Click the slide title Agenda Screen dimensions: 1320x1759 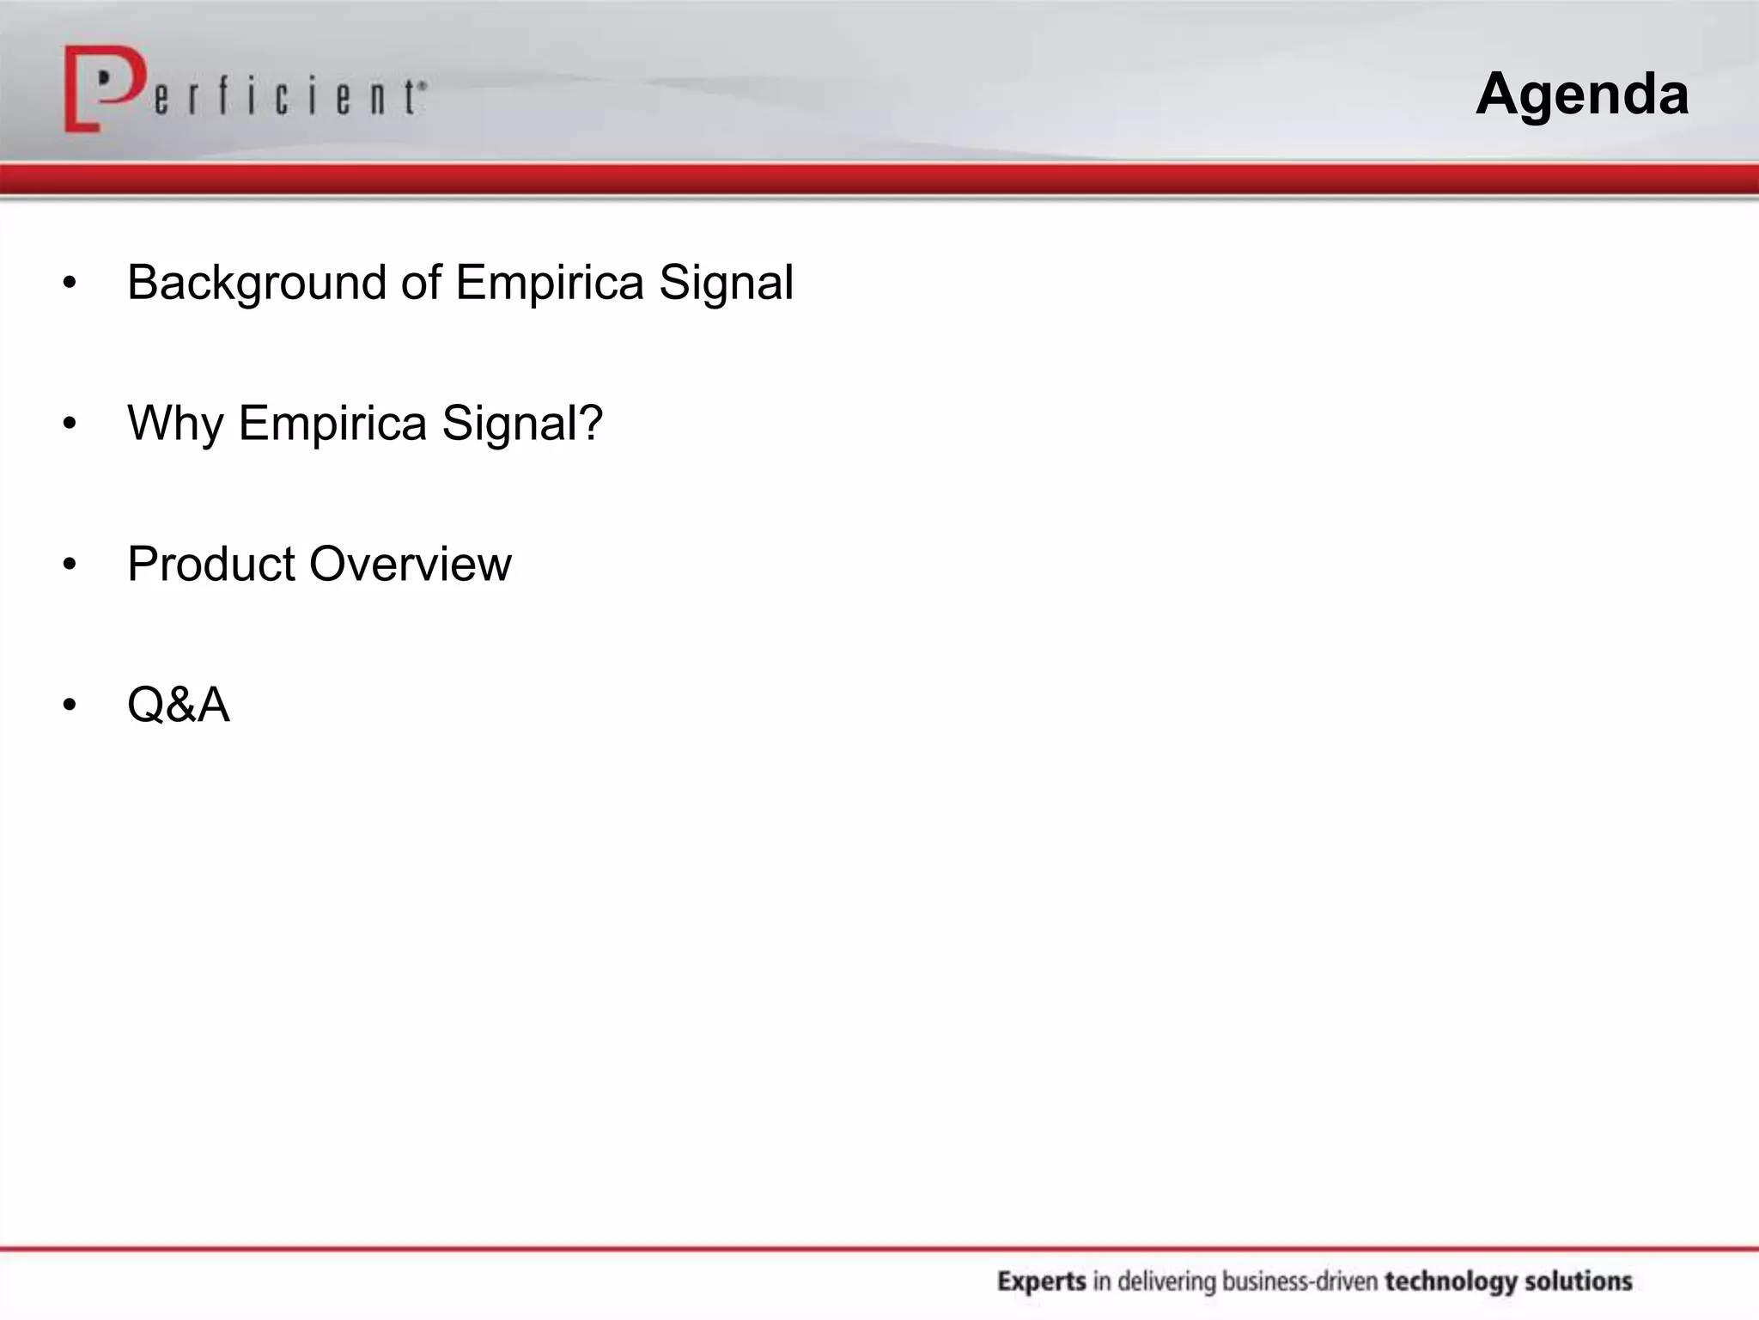[1582, 94]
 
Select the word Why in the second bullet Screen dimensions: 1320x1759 [174, 424]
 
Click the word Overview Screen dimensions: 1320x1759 [410, 565]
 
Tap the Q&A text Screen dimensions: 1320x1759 [178, 705]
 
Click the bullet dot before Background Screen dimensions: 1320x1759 [70, 283]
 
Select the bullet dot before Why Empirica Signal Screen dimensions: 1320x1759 [70, 424]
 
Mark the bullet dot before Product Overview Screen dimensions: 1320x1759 [70, 565]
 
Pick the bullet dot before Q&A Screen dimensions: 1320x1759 [70, 706]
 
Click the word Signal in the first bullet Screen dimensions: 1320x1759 [726, 283]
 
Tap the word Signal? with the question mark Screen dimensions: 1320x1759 [522, 424]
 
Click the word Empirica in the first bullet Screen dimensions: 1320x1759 [549, 283]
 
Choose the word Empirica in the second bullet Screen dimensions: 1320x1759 [332, 424]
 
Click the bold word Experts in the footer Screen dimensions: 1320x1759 [1041, 1281]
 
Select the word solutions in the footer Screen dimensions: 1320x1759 [1579, 1281]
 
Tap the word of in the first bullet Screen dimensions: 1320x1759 [421, 283]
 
